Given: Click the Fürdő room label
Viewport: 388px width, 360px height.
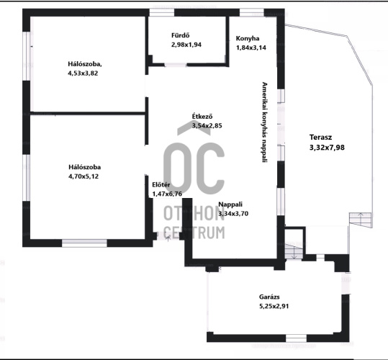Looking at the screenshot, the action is tap(181, 35).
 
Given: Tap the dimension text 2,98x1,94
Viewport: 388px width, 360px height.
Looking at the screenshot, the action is tap(186, 45).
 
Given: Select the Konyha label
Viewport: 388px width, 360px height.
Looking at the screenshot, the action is tap(248, 39).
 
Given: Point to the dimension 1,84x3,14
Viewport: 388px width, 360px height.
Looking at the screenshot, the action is tap(251, 48).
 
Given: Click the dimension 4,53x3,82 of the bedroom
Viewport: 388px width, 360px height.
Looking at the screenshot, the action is tap(83, 73).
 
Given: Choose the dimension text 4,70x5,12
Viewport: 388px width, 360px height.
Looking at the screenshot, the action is tap(84, 176).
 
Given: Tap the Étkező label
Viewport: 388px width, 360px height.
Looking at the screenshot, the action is tap(202, 117).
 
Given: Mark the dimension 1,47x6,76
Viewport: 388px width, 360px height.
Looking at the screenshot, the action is tap(167, 194).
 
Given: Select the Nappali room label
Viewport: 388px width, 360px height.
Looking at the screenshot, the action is tap(230, 204).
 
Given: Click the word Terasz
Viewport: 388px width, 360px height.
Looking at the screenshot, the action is tap(321, 138).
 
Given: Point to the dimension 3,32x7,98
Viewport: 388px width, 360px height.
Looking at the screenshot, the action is tap(327, 148).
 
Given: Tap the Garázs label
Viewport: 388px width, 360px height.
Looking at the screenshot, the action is tap(269, 297).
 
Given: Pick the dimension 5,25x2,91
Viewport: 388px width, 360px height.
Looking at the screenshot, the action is tap(274, 306).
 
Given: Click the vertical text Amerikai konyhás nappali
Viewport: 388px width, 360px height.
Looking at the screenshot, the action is tap(265, 122).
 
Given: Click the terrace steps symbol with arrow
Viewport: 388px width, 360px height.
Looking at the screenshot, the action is tap(361, 220).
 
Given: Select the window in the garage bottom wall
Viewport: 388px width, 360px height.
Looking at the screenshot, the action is tap(296, 338).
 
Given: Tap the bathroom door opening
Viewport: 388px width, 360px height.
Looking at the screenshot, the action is tap(176, 65).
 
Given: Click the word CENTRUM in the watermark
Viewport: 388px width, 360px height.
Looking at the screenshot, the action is tap(194, 233).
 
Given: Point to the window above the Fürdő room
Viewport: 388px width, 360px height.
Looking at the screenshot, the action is tap(162, 12).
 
